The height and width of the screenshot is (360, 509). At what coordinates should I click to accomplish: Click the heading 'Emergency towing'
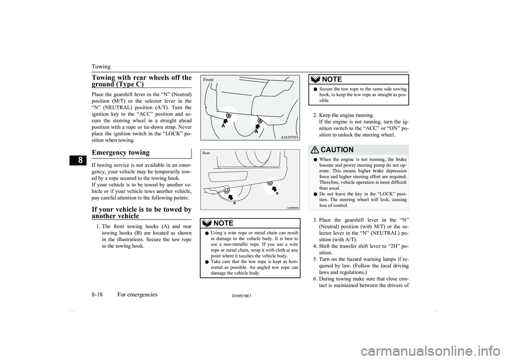122,152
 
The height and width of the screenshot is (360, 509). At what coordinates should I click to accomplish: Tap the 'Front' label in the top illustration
208,80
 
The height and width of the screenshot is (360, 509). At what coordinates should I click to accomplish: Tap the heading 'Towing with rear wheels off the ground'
141,82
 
